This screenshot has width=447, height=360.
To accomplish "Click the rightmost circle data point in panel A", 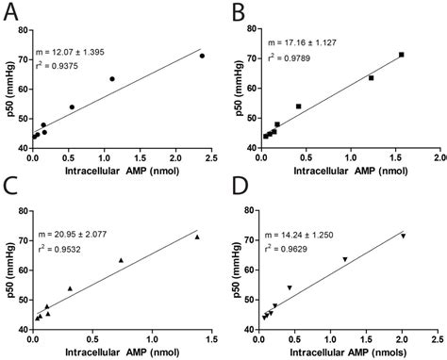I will point(201,56).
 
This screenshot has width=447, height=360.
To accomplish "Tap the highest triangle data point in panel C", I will point(197,237).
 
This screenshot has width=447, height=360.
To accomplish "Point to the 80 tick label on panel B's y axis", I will point(247,28).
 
